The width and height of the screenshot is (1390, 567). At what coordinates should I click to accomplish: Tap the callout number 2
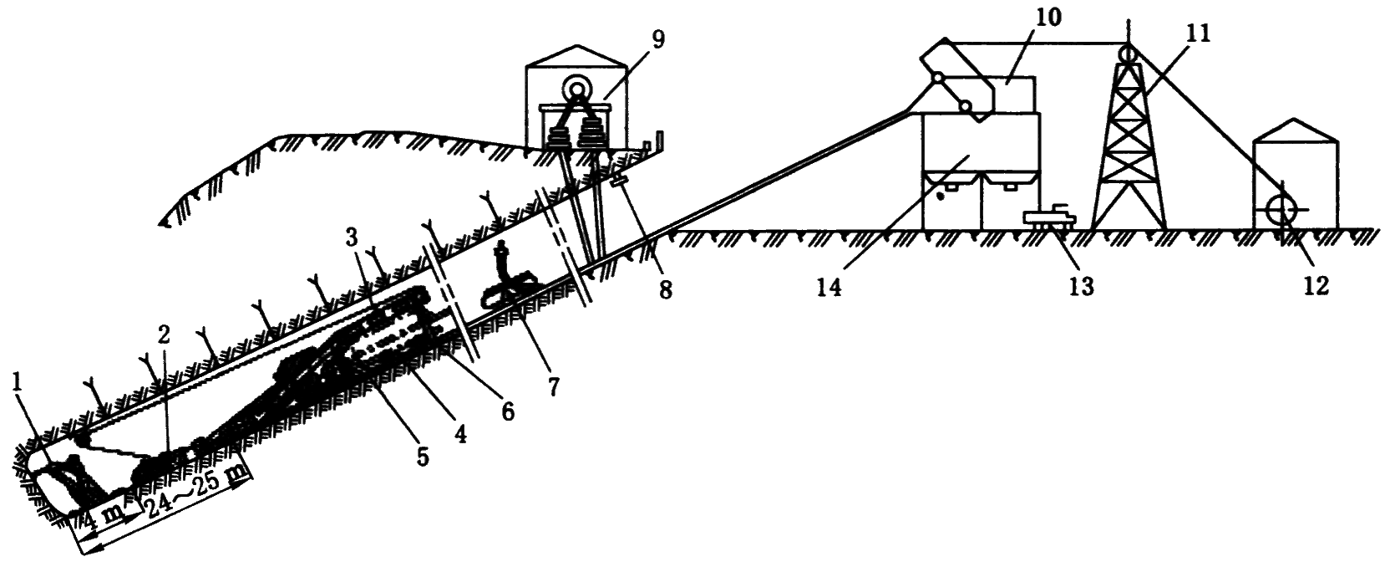coord(164,335)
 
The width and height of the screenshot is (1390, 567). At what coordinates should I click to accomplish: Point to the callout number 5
coord(422,456)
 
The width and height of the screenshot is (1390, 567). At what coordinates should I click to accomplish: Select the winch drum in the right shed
coord(1279,207)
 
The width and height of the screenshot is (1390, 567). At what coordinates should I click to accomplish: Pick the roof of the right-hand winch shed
coord(1295,134)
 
